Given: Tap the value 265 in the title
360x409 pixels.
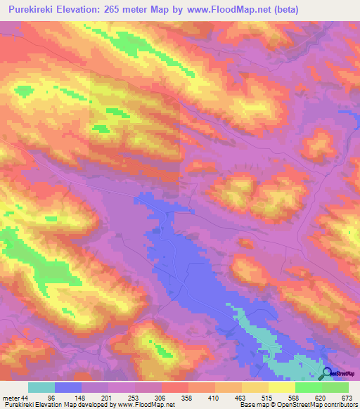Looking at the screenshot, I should point(114,10).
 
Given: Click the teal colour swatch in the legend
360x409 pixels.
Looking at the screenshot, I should point(41,387).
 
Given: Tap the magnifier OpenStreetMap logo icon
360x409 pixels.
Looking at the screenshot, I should point(328,373).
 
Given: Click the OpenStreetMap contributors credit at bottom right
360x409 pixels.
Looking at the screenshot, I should point(315,405).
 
